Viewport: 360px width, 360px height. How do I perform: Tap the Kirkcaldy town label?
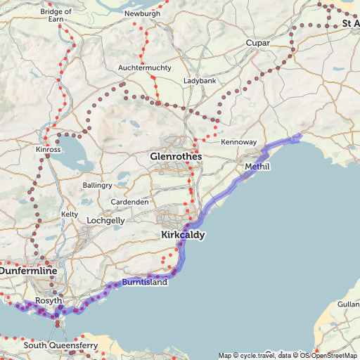(x=183, y=235)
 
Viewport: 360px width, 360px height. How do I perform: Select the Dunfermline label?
(x=28, y=269)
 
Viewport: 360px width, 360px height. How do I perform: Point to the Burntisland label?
(x=145, y=282)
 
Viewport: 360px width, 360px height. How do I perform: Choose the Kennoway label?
(x=238, y=142)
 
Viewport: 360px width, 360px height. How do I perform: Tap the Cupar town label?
(x=258, y=44)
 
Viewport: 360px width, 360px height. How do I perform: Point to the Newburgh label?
(x=143, y=13)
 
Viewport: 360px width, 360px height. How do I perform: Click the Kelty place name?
(x=70, y=214)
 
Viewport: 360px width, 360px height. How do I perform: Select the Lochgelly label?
(x=105, y=220)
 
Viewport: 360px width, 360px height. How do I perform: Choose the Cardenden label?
(x=129, y=202)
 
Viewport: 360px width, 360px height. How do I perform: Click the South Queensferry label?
(x=56, y=345)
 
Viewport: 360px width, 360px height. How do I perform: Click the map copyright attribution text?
(x=288, y=355)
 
